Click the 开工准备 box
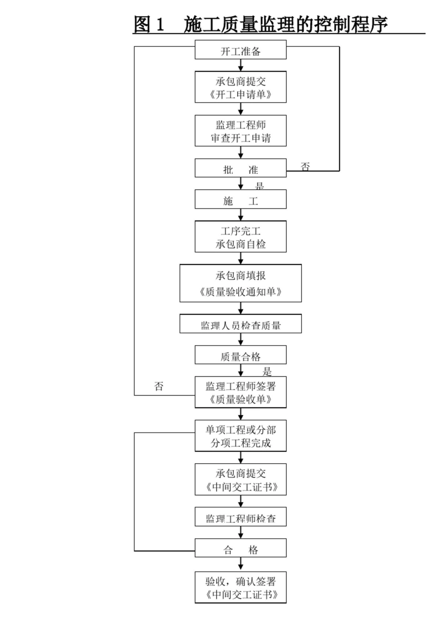240,50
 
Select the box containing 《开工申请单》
240,87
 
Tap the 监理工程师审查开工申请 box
240,131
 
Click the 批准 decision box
240,169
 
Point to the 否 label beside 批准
305,166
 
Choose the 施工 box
240,200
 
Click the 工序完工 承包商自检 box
240,237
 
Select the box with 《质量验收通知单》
240,284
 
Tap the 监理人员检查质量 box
240,324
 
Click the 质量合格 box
240,356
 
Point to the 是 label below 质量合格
267,371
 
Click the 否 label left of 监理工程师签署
159,386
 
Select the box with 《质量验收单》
240,392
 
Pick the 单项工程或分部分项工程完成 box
240,436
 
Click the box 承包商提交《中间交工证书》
240,480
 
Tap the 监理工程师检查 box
240,518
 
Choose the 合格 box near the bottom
240,549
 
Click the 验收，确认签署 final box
240,588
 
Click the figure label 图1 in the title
149,24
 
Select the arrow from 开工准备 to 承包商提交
240,65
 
